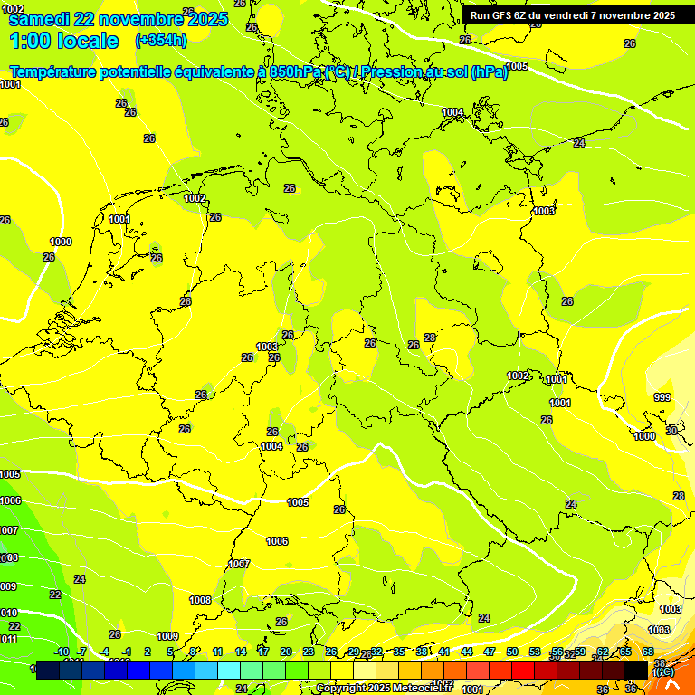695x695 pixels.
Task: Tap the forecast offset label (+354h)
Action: (160, 40)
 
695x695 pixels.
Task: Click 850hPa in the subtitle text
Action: (297, 71)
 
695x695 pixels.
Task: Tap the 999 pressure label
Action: (662, 397)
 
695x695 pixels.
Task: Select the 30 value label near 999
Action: (671, 431)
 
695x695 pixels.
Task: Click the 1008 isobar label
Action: (200, 600)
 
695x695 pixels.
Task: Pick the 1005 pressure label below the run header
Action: (518, 66)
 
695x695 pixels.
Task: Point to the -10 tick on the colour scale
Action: (62, 652)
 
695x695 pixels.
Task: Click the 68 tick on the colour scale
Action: (648, 652)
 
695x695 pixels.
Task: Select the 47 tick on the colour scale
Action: (490, 652)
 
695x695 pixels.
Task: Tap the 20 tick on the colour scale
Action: (285, 652)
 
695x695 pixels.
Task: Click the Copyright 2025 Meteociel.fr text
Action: (384, 689)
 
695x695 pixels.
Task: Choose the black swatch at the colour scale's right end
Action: (636, 670)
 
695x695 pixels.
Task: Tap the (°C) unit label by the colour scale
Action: (662, 672)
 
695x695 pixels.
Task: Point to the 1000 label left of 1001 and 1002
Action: (61, 242)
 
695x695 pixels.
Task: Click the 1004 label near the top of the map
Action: (452, 112)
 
